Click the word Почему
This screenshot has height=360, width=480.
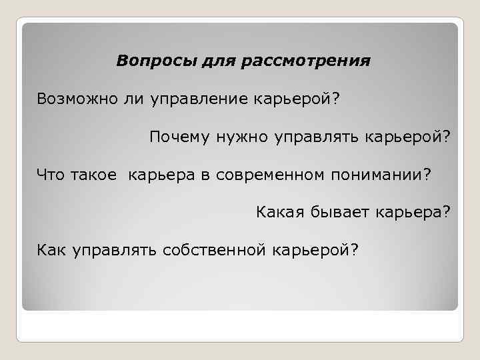point(179,137)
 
